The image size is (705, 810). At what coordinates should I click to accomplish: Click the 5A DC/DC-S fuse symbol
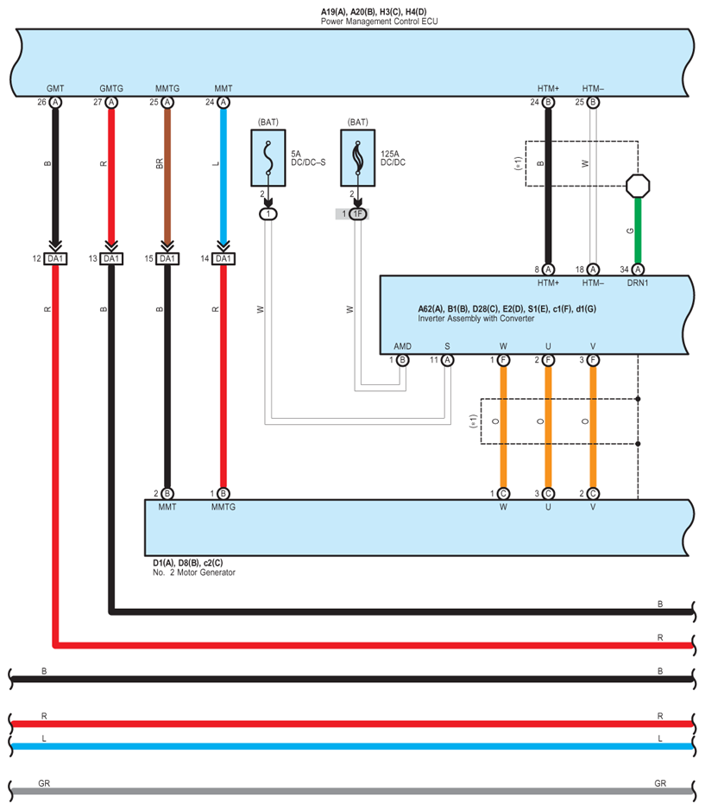coord(268,157)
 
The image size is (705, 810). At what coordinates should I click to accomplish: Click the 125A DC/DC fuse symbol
coord(357,157)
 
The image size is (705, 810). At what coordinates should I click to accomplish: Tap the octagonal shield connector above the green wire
coord(638,186)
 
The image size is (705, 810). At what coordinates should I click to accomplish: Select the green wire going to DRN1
coord(638,231)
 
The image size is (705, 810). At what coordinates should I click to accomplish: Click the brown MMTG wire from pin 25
coord(167,174)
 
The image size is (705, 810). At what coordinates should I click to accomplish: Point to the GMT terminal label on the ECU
coord(55,88)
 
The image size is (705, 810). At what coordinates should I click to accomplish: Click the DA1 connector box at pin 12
coord(55,258)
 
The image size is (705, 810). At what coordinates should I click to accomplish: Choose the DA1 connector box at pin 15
coord(167,258)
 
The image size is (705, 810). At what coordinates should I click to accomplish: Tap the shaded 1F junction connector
coord(357,213)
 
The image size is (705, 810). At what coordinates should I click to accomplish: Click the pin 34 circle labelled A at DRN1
coord(638,269)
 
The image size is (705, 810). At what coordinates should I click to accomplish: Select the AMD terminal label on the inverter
coord(403,346)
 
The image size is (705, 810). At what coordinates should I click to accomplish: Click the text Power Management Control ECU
coord(380,22)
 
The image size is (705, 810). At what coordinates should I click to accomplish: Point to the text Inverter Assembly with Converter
coord(475,318)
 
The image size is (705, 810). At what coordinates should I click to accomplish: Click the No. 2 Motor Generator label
coord(194,573)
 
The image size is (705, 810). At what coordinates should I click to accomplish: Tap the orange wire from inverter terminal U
coord(548,427)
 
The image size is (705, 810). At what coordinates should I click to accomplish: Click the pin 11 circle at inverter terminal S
coord(448,360)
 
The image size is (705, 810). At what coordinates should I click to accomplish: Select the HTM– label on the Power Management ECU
coord(593,88)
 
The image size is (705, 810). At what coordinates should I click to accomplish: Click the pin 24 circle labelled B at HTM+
coord(548,102)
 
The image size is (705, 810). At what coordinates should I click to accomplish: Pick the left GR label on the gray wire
coord(44,783)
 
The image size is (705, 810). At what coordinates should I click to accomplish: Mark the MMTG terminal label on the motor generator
coord(223,507)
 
